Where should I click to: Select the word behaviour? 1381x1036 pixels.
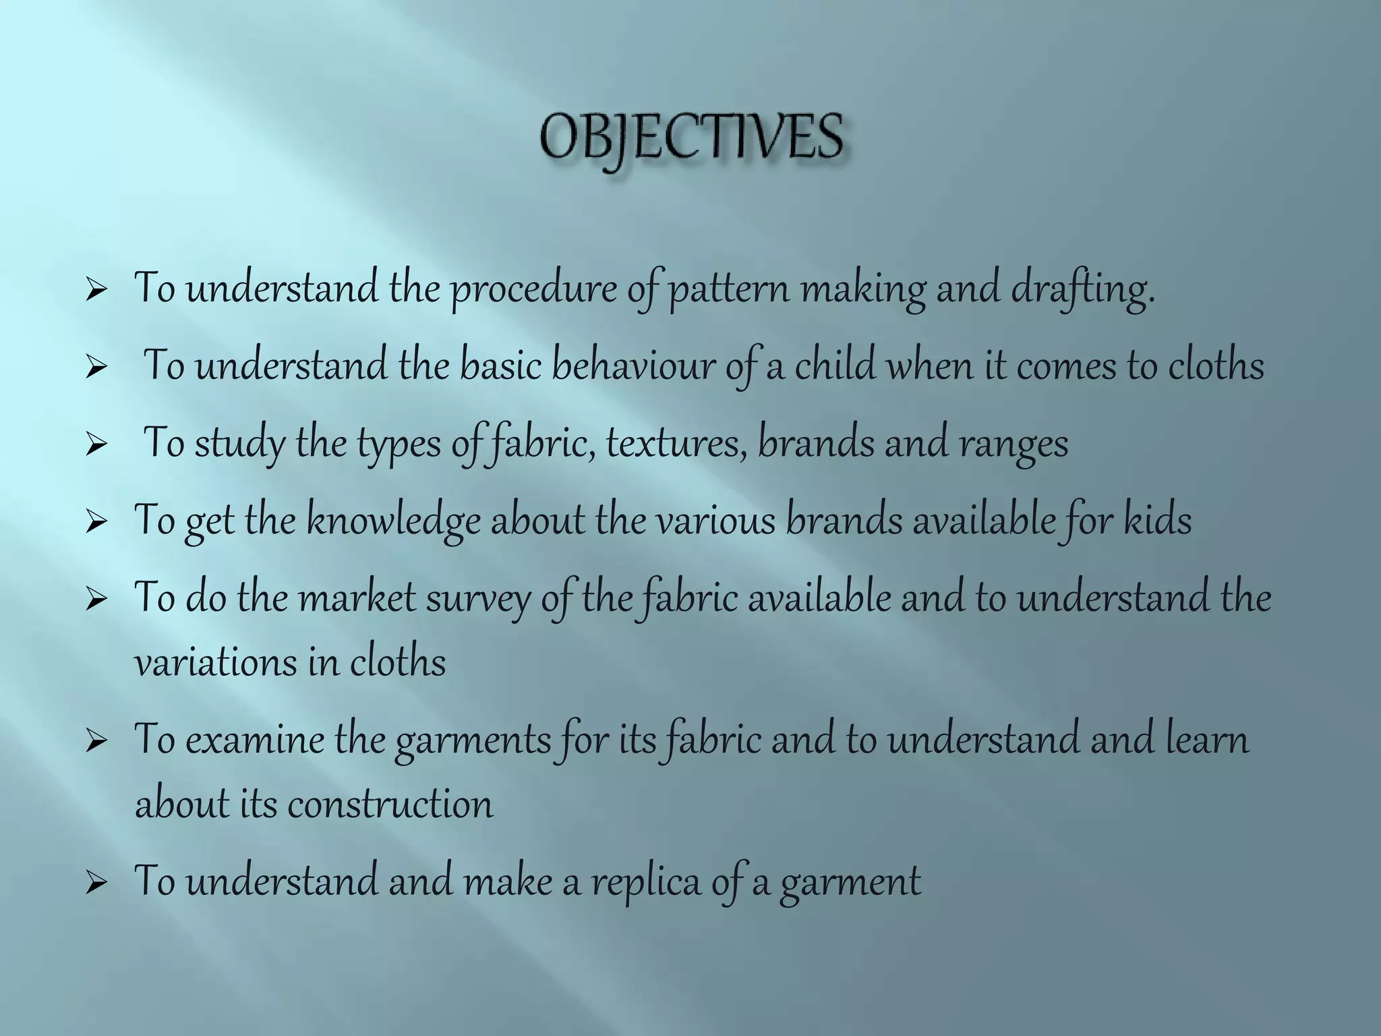point(633,367)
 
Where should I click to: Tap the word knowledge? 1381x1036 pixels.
point(393,521)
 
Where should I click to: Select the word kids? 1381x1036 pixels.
point(1157,521)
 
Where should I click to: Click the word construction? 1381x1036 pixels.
point(390,804)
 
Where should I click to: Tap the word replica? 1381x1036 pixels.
point(646,882)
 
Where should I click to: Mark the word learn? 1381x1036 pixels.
point(1207,740)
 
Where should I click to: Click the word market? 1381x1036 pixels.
point(357,599)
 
